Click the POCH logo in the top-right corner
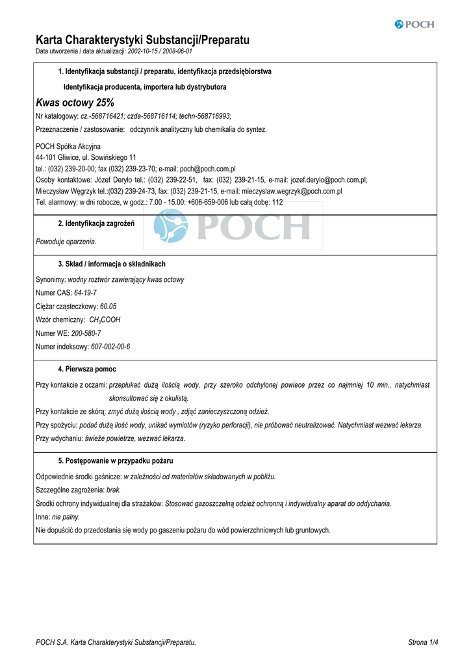[414, 25]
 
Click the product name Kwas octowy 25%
[75, 103]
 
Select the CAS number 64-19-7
[85, 293]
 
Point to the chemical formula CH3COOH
[105, 320]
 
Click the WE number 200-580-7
[86, 333]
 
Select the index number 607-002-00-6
[110, 347]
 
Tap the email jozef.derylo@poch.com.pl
[329, 180]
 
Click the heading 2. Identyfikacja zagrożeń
[96, 224]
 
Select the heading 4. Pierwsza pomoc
[87, 369]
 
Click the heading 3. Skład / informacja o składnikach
[112, 264]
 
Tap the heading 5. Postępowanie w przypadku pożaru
[116, 460]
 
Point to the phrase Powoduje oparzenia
[66, 242]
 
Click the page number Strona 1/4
[423, 642]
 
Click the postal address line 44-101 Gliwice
[86, 158]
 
